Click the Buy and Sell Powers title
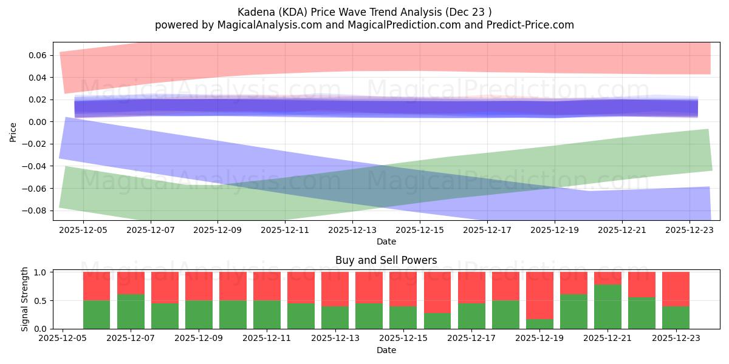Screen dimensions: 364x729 tap(386, 260)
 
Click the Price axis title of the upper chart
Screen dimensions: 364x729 tap(13, 132)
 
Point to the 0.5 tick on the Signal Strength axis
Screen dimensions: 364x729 tap(41, 301)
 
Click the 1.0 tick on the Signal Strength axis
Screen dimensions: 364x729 tap(41, 272)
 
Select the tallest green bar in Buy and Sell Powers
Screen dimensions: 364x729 tap(607, 307)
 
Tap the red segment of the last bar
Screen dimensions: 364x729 tap(676, 289)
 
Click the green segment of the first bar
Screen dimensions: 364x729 tap(97, 315)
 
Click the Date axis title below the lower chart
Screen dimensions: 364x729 tap(386, 350)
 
